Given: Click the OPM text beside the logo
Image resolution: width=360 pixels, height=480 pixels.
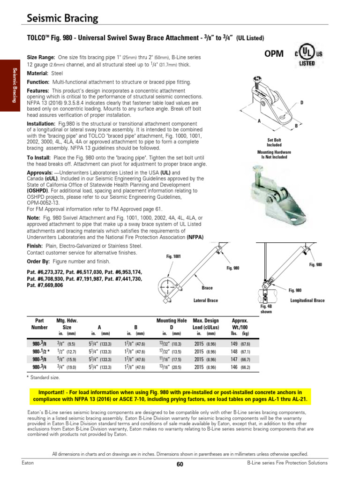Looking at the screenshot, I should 274,54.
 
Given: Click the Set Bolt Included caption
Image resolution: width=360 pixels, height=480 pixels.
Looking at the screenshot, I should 274,142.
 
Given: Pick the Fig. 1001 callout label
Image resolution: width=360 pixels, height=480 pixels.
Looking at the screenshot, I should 173,256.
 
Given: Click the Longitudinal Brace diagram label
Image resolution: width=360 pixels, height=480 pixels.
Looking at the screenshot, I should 307,300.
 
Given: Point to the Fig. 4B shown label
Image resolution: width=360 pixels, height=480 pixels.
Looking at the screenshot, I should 266,308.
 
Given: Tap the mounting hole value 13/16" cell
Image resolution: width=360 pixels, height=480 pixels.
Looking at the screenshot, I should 171,368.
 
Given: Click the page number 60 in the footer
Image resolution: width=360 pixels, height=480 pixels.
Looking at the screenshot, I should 180,464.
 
